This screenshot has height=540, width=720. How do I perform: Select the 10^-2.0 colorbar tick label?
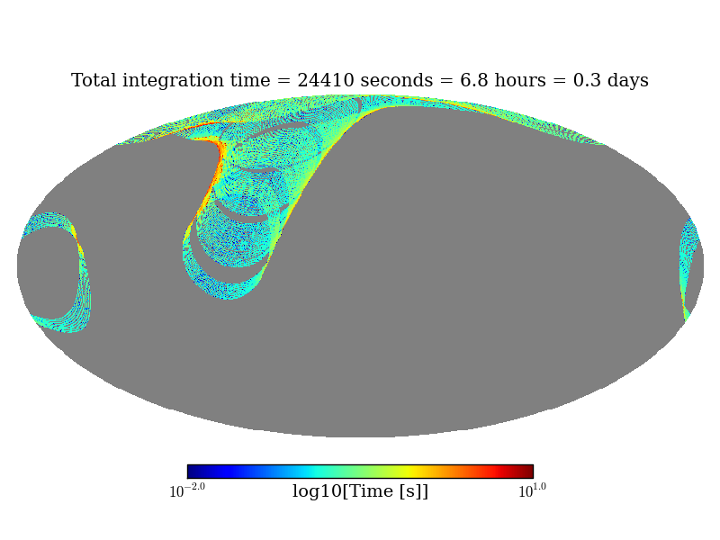pos(187,491)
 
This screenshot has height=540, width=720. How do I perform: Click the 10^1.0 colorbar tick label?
pos(532,491)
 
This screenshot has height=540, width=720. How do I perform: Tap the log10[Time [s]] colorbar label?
pos(360,491)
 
